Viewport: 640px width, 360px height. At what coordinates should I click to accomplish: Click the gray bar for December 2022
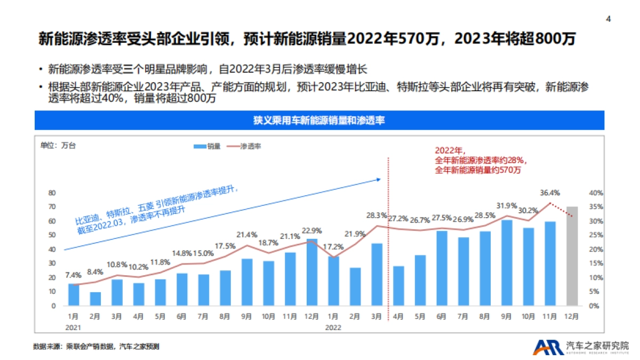click(x=572, y=256)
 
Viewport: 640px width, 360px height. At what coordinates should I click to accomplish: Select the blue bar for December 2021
click(x=311, y=273)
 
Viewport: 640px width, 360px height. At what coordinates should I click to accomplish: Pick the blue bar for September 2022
click(x=507, y=263)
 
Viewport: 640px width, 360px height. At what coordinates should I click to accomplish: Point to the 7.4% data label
click(x=73, y=275)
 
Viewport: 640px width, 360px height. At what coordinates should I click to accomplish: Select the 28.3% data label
click(x=377, y=215)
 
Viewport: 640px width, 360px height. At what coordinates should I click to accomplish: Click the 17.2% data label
click(x=333, y=247)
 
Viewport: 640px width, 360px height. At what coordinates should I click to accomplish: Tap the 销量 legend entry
click(x=207, y=146)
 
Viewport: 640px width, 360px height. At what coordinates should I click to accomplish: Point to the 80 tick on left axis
click(x=52, y=193)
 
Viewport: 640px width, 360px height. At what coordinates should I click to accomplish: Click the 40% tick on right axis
click(x=596, y=193)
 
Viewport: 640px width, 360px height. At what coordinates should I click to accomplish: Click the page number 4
click(x=609, y=19)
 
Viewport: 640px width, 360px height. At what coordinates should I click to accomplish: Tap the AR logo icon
click(x=548, y=347)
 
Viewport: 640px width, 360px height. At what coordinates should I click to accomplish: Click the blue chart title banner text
click(x=319, y=121)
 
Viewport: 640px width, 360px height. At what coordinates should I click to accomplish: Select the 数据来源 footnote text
click(x=96, y=347)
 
